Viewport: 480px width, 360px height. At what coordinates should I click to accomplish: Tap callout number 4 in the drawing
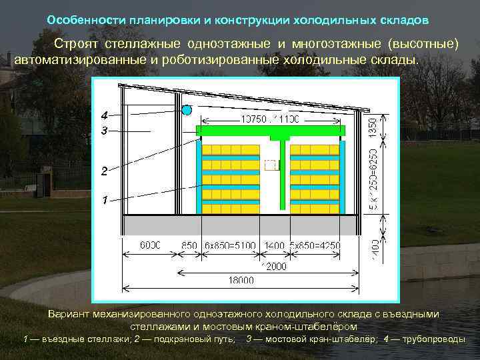(x=104, y=113)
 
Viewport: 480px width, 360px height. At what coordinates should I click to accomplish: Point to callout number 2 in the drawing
(x=104, y=171)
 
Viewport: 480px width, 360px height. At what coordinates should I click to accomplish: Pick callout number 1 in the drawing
(x=104, y=200)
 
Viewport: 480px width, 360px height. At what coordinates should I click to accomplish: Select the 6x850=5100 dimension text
(x=231, y=245)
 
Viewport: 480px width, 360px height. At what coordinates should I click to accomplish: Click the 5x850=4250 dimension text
(x=314, y=245)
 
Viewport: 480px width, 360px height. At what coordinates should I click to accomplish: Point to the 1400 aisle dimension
(x=274, y=245)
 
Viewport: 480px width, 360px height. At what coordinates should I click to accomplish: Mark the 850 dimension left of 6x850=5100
(x=189, y=245)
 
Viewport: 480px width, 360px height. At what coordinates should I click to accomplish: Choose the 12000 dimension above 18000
(x=273, y=266)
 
